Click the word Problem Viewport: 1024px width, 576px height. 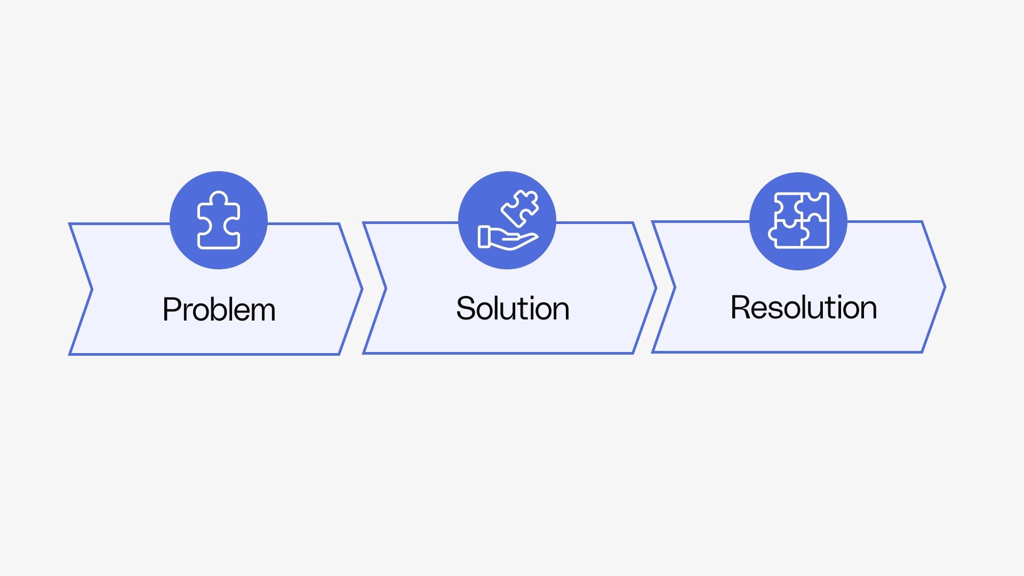click(219, 309)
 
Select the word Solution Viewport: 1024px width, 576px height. click(513, 308)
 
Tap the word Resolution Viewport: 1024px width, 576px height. click(803, 307)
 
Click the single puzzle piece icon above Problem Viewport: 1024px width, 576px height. click(219, 220)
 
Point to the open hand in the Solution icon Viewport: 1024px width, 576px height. click(507, 239)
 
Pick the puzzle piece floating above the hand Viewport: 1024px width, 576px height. click(519, 208)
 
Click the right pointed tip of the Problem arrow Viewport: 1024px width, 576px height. click(362, 290)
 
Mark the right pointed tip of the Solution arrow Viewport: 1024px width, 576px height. click(655, 289)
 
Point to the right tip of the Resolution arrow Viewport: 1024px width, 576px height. click(945, 287)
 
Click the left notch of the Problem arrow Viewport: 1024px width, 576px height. click(92, 290)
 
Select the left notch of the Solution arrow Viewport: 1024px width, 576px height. click(385, 289)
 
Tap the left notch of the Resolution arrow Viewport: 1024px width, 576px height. click(675, 287)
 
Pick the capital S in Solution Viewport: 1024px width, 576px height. click(466, 308)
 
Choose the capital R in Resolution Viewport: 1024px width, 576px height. click(740, 307)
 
